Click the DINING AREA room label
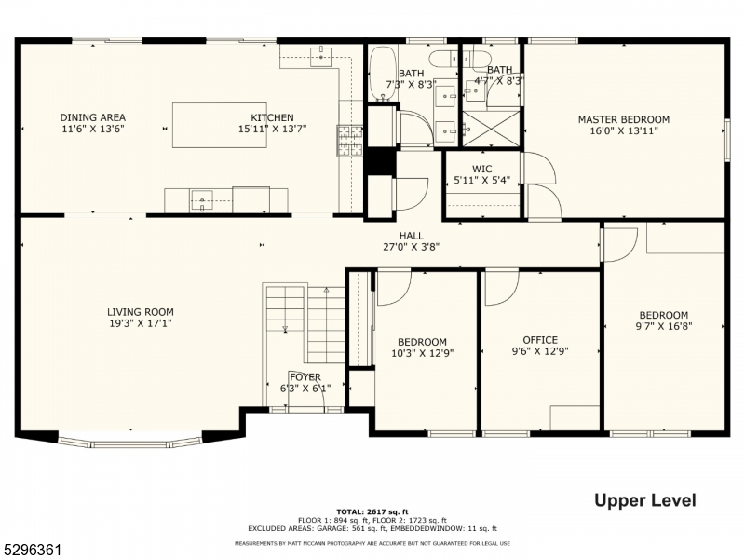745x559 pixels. pyautogui.click(x=92, y=117)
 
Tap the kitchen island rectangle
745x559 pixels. pyautogui.click(x=220, y=125)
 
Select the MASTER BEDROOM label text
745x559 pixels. pyautogui.click(x=624, y=119)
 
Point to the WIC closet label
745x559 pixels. pyautogui.click(x=481, y=169)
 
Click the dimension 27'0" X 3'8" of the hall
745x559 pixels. pyautogui.click(x=412, y=247)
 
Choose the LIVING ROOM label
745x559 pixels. pyautogui.click(x=141, y=312)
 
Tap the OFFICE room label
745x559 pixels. pyautogui.click(x=540, y=340)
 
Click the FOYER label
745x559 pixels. pyautogui.click(x=305, y=377)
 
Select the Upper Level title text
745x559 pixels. pyautogui.click(x=645, y=500)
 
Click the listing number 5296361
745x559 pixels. pyautogui.click(x=31, y=550)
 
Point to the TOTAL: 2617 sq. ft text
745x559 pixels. pyautogui.click(x=372, y=511)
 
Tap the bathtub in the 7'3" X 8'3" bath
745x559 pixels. pyautogui.click(x=383, y=74)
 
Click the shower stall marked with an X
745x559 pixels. pyautogui.click(x=492, y=129)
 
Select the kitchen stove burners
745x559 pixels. pyautogui.click(x=350, y=141)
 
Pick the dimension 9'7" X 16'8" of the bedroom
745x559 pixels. pyautogui.click(x=664, y=326)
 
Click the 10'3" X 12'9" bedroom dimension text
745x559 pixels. pyautogui.click(x=423, y=353)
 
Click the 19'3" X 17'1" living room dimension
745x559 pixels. pyautogui.click(x=141, y=323)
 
